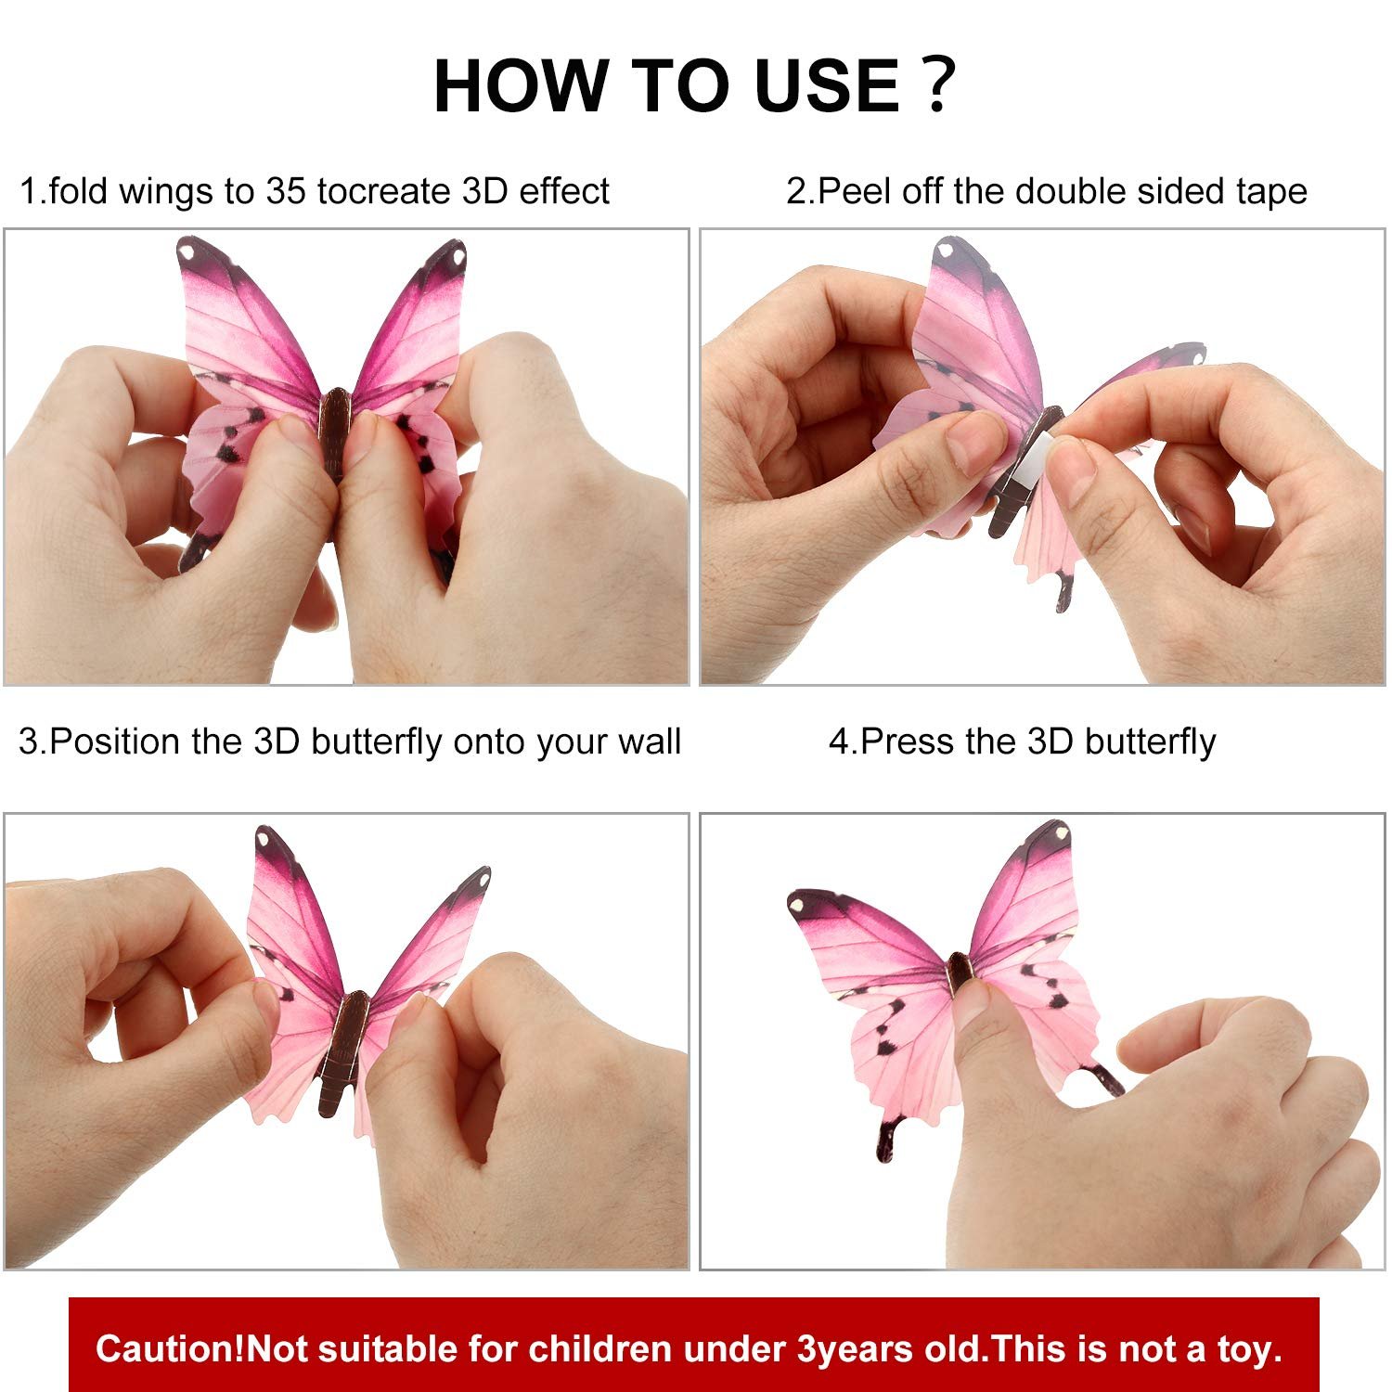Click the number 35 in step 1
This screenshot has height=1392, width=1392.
(287, 191)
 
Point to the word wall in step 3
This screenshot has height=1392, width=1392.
(650, 741)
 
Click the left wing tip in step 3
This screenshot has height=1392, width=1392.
(266, 839)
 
